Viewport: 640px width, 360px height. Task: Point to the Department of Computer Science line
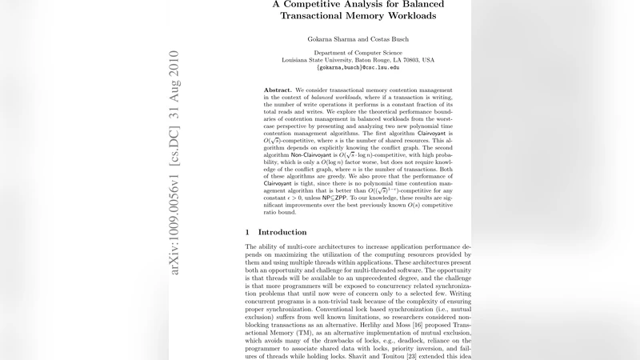358,53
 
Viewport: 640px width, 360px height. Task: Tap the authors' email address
358,68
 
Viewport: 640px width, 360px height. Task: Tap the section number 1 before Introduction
247,232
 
